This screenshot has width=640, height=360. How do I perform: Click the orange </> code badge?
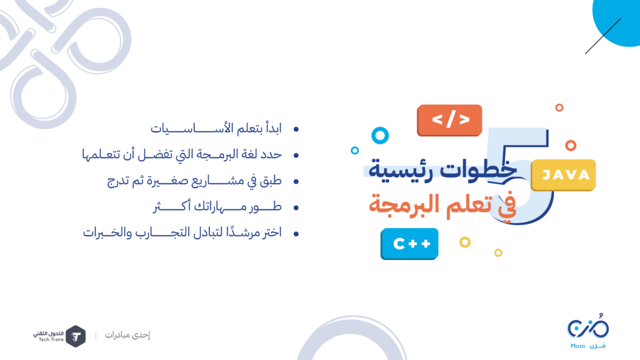(449, 120)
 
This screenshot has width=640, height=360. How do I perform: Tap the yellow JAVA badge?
(563, 175)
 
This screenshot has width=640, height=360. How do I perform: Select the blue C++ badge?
(409, 244)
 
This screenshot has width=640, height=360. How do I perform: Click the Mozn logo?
(587, 331)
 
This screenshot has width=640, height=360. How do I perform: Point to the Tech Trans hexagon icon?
(76, 336)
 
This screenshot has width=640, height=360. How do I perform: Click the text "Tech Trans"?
(51, 339)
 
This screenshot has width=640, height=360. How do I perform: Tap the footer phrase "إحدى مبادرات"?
(127, 335)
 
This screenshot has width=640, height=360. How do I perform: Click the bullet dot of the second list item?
(296, 155)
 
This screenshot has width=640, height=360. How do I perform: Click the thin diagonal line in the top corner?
(603, 36)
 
